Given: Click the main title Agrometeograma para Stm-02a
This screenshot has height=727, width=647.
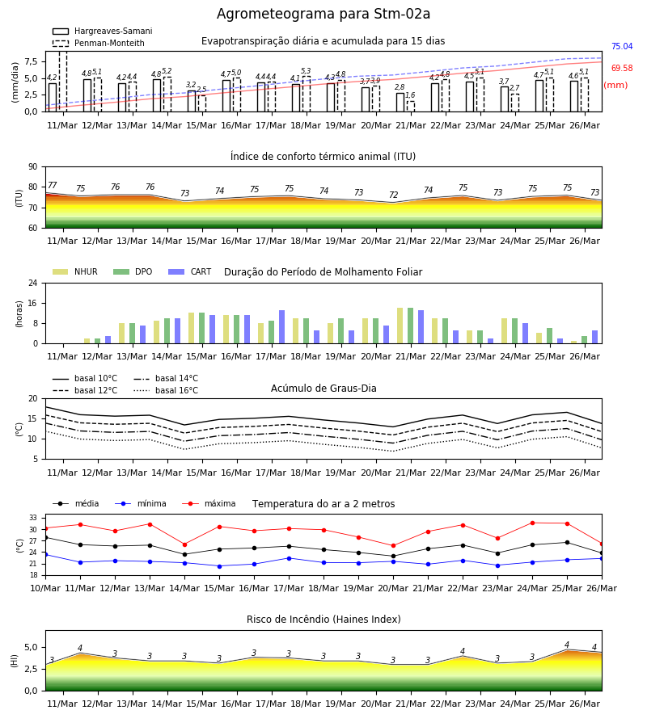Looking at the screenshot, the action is click(x=323, y=14).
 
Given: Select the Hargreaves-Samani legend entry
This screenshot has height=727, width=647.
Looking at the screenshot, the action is click(x=102, y=31).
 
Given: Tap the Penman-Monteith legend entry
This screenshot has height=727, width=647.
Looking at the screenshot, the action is click(x=99, y=43).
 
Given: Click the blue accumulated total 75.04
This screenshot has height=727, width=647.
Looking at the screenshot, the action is click(x=622, y=46).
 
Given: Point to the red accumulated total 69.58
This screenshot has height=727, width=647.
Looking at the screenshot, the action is click(x=622, y=68).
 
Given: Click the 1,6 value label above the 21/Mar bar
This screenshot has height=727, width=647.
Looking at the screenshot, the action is click(x=410, y=95).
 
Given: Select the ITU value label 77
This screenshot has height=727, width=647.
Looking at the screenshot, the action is click(x=52, y=186).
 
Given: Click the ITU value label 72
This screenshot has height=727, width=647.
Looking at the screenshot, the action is click(x=394, y=195).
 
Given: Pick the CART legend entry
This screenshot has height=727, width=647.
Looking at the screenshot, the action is click(x=190, y=271).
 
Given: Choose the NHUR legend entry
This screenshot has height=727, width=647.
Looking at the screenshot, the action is click(x=75, y=271).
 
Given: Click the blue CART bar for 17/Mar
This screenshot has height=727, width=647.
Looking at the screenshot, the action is click(x=281, y=327).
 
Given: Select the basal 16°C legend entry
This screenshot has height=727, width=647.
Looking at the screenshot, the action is click(x=166, y=390).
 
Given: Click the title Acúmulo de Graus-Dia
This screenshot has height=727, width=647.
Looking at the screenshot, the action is click(x=323, y=389).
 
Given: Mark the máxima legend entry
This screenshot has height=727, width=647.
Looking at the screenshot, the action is click(x=209, y=503).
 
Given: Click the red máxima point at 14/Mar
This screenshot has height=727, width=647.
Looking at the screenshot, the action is click(x=184, y=544).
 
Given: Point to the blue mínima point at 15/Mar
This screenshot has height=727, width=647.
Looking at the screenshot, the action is click(x=219, y=566).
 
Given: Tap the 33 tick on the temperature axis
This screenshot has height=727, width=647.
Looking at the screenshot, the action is click(x=33, y=518).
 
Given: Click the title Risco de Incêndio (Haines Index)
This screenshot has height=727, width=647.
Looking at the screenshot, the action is click(x=323, y=620).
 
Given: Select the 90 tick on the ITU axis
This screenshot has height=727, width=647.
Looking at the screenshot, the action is click(x=32, y=167).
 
